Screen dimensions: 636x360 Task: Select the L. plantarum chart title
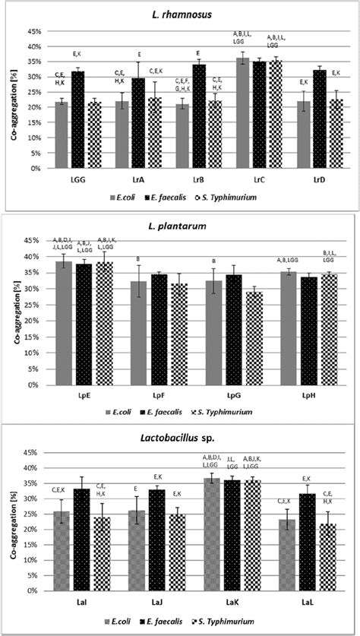point(194,227)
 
